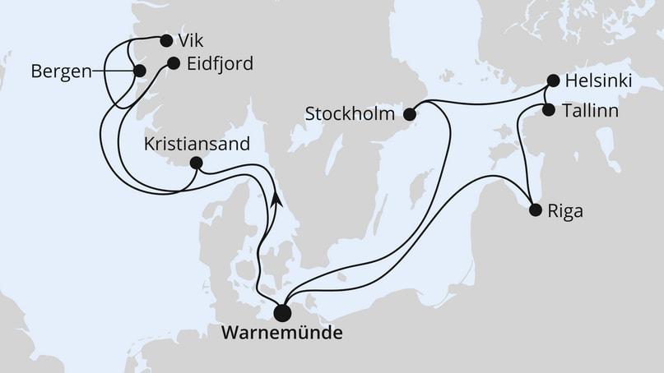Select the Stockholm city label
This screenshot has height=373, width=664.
(349, 113)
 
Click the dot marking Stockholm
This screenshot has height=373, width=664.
(410, 114)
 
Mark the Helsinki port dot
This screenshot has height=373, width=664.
(555, 82)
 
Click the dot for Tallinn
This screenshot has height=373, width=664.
(549, 109)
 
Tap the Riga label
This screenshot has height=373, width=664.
(565, 210)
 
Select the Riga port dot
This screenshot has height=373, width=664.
(535, 210)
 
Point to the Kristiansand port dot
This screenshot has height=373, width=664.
(196, 163)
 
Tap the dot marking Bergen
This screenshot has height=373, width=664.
(139, 71)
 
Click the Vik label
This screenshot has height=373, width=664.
(192, 41)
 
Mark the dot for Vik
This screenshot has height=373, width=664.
(166, 40)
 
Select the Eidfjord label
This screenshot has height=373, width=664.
(221, 63)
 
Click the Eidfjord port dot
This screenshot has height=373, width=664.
(173, 63)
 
